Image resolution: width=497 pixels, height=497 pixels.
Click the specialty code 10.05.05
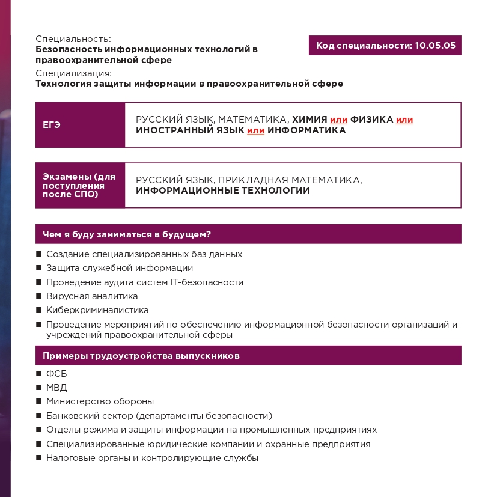click(434, 46)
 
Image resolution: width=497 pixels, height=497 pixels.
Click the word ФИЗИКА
click(371, 120)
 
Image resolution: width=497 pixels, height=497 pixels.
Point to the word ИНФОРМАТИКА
click(306, 130)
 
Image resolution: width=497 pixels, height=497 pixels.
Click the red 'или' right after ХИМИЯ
click(338, 120)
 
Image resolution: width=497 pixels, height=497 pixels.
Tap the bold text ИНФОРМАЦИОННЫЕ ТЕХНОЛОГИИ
click(223, 191)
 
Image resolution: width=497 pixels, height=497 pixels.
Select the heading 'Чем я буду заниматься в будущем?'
click(130, 234)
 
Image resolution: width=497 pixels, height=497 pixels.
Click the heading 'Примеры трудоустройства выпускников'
click(141, 356)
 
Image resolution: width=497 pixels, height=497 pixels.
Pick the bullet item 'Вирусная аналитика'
click(92, 296)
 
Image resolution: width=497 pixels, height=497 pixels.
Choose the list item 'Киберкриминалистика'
click(97, 310)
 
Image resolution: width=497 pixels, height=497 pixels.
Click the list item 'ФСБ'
click(56, 374)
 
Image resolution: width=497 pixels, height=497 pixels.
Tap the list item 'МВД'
click(56, 388)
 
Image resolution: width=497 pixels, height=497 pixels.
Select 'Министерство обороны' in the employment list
click(100, 401)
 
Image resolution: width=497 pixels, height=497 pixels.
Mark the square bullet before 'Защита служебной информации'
click(39, 269)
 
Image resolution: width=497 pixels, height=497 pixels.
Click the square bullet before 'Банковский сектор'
click(39, 416)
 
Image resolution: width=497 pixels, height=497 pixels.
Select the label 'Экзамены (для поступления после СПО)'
click(79, 185)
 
